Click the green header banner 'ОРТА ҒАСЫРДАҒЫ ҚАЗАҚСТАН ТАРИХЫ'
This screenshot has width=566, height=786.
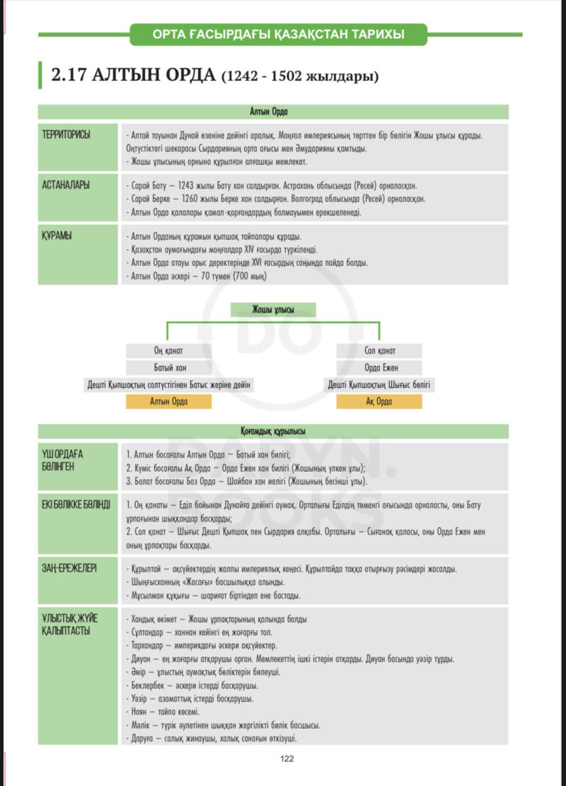tap(278, 35)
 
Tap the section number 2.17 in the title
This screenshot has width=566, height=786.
tap(69, 75)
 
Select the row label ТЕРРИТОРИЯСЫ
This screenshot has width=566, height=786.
tap(67, 135)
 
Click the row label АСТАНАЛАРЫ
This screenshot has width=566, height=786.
tap(66, 185)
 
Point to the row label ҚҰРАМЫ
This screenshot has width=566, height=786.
tap(57, 235)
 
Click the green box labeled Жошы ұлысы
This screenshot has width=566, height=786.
tap(273, 310)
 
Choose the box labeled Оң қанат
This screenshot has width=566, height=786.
tap(168, 351)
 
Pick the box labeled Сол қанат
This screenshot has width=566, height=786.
tap(379, 351)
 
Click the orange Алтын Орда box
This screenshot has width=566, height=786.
tap(168, 402)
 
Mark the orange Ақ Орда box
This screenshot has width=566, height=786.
tap(379, 402)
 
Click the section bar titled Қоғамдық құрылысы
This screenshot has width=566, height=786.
tap(273, 431)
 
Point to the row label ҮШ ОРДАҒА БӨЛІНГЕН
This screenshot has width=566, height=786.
tap(63, 460)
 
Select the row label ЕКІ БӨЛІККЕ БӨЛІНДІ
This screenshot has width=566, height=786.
tap(76, 504)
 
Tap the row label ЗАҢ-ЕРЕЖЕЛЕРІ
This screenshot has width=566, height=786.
tap(69, 568)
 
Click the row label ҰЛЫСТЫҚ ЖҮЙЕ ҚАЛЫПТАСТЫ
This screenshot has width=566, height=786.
tap(69, 624)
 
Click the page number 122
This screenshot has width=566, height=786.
tap(287, 758)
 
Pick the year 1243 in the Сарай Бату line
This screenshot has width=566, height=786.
tap(185, 185)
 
